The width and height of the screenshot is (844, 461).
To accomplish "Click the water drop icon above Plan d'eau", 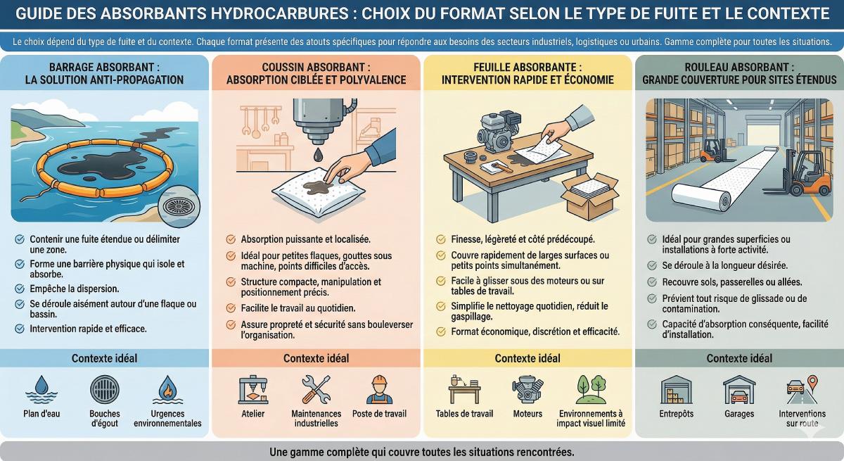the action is [41, 390].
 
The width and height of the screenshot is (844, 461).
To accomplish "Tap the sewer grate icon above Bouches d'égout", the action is [104, 389].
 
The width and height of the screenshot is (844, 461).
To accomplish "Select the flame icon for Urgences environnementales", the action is [167, 390].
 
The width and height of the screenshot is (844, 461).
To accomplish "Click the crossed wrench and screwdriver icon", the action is [316, 389].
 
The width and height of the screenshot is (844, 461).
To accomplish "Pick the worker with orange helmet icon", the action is [379, 389].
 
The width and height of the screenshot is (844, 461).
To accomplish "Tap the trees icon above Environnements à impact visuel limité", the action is [591, 389].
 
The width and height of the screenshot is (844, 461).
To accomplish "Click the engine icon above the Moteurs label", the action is [527, 390].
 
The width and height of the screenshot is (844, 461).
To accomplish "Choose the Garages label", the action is [739, 414].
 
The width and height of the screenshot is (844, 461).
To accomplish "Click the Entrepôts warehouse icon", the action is [677, 390].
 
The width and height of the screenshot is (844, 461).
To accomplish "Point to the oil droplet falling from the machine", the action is [319, 155].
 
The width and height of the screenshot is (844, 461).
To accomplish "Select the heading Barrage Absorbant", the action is [104, 67].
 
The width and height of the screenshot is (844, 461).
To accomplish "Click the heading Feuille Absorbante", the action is [527, 67].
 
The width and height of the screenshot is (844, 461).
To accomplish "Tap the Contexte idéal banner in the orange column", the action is [316, 358].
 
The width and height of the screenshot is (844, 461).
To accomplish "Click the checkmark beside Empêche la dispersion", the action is [20, 289].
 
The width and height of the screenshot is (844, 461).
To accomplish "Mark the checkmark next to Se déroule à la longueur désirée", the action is [652, 265].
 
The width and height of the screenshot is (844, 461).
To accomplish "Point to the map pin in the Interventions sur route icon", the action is [813, 382].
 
